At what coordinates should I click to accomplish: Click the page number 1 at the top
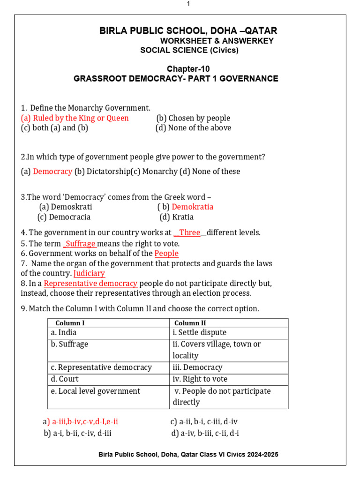coord(188,4)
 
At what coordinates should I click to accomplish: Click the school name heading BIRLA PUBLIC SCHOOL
coord(188,31)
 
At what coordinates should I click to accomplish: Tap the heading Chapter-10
coord(188,69)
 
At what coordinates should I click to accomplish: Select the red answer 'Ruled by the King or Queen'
coord(81,118)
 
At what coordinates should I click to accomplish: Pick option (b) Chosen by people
coord(193,118)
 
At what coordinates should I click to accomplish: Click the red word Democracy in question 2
coord(52,172)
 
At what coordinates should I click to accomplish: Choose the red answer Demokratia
coord(192,207)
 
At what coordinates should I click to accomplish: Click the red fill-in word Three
coord(189,232)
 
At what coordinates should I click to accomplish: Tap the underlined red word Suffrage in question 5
coord(80,244)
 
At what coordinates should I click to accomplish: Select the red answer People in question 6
coord(166,254)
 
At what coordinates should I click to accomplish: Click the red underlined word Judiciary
coord(89,273)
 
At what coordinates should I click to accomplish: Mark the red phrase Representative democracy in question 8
coord(90,284)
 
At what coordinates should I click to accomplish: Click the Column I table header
coord(70,323)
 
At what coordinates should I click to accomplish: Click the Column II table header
coord(190,323)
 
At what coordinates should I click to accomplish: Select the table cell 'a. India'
coord(64,332)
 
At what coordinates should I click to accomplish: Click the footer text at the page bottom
coord(188,455)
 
